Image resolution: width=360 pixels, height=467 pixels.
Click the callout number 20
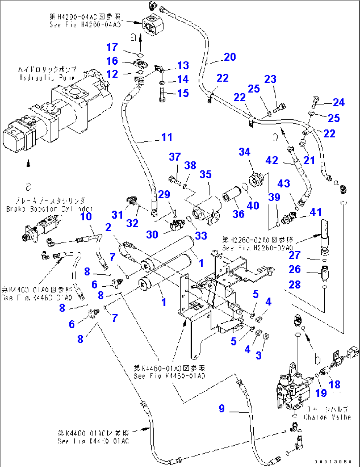(x=230, y=57)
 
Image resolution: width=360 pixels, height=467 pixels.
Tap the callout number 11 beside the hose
(x=167, y=137)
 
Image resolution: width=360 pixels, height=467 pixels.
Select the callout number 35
(x=205, y=174)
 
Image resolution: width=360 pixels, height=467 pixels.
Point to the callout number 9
(x=222, y=409)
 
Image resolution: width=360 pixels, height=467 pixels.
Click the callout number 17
(x=112, y=48)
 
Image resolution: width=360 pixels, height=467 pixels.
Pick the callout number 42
(x=272, y=161)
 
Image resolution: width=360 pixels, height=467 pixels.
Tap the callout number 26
(x=295, y=269)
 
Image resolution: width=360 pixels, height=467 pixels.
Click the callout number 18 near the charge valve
(x=335, y=384)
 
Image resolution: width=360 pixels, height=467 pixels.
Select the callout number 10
(x=86, y=217)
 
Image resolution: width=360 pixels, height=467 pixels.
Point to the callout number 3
(x=259, y=355)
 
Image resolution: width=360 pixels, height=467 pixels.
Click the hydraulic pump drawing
(x=59, y=109)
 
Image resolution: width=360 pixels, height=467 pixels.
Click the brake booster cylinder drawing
(x=40, y=228)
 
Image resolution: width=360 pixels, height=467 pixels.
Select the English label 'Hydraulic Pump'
(x=47, y=78)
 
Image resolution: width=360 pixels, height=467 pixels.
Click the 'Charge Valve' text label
(x=327, y=417)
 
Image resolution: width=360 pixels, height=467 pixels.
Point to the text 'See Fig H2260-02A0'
(x=257, y=248)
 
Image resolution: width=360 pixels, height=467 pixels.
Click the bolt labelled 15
(x=162, y=95)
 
